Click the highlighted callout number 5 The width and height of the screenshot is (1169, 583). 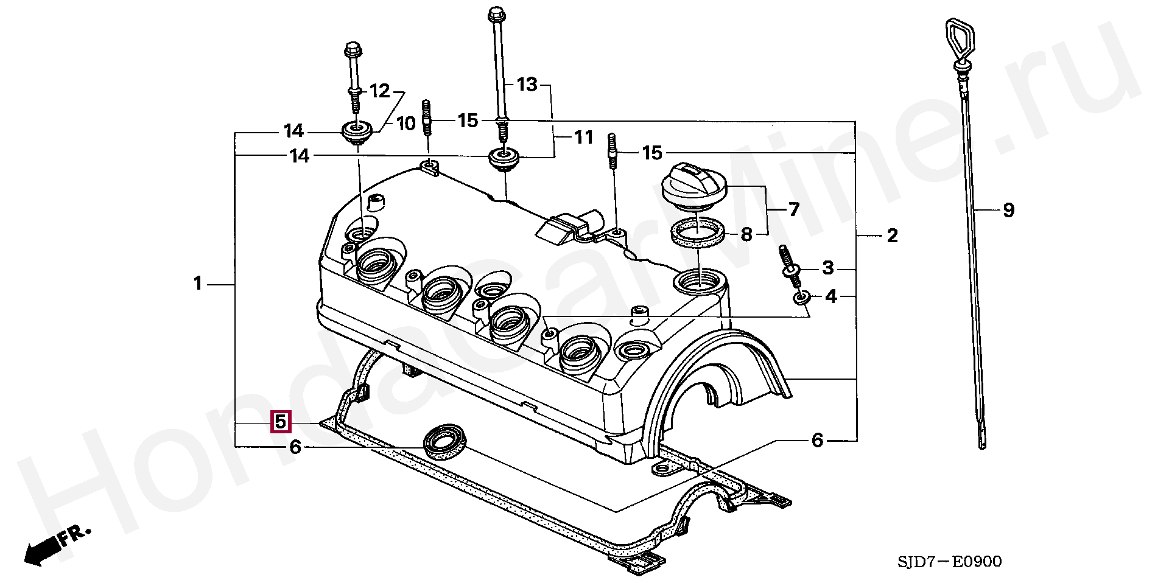pyautogui.click(x=280, y=422)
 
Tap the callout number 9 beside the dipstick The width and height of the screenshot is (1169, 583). pyautogui.click(x=1008, y=211)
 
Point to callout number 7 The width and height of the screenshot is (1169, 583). pyautogui.click(x=793, y=210)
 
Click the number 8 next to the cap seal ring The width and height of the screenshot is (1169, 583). pyautogui.click(x=746, y=234)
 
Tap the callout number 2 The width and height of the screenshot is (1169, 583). pyautogui.click(x=892, y=236)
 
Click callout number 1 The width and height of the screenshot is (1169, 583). pyautogui.click(x=197, y=284)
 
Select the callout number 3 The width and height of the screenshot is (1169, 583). pyautogui.click(x=827, y=267)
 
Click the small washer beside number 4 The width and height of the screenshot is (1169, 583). pyautogui.click(x=802, y=298)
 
